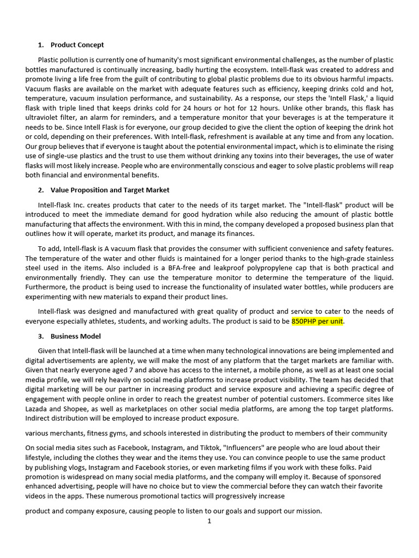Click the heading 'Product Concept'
(x=77, y=45)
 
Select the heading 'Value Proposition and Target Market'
(x=110, y=190)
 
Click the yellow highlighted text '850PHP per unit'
(x=318, y=322)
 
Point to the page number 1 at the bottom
(x=209, y=521)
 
